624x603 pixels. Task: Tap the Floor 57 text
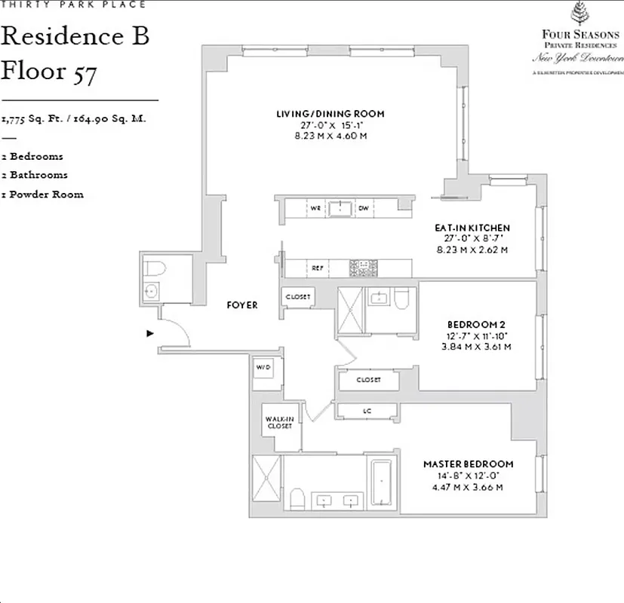49,72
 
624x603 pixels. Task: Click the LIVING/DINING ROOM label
330,114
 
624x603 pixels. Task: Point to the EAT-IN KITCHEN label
472,228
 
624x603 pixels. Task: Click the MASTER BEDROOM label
468,464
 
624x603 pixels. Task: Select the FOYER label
242,305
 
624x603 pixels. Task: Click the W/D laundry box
263,368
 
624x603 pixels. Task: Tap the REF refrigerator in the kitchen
318,268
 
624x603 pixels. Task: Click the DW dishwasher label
363,207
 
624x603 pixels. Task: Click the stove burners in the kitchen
363,268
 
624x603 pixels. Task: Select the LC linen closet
367,411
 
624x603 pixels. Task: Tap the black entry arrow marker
150,332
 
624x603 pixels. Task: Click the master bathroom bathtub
380,484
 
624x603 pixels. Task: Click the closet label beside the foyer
298,297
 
